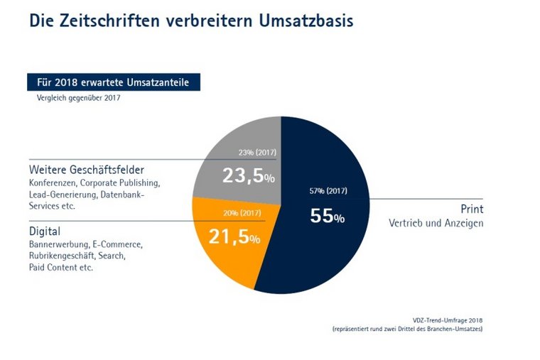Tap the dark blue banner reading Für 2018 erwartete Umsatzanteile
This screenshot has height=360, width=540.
(x=113, y=82)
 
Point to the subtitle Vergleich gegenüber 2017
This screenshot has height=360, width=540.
(x=78, y=98)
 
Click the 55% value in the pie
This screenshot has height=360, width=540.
(x=327, y=217)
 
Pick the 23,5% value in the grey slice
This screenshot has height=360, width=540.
(x=248, y=175)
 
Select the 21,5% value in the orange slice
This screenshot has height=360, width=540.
(x=234, y=237)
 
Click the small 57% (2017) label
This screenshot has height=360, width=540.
(x=328, y=190)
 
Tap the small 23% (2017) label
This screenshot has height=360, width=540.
(x=257, y=153)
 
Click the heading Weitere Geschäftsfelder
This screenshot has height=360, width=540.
(x=87, y=170)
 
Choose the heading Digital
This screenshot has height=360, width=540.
(x=45, y=231)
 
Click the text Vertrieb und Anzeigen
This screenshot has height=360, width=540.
(x=436, y=224)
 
